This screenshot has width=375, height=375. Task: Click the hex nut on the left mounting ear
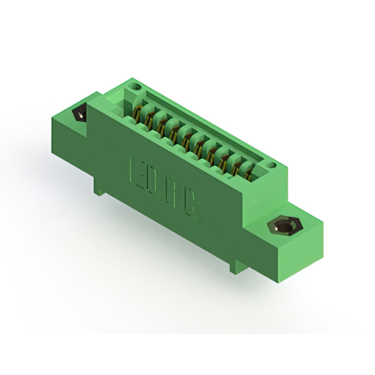[x=78, y=114]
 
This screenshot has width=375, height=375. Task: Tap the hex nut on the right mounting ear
[x=283, y=227]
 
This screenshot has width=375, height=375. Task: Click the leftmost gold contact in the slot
[x=138, y=111]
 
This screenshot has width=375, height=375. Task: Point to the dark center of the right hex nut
[x=283, y=227]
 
